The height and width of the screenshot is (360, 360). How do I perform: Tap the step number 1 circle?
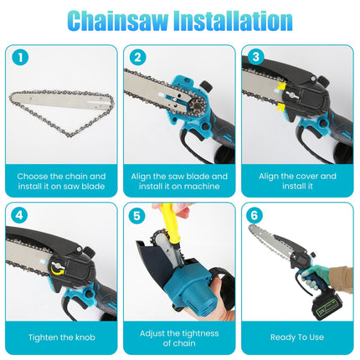[18, 59]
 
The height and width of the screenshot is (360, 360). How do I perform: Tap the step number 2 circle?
[137, 59]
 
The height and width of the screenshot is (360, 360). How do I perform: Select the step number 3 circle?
[255, 59]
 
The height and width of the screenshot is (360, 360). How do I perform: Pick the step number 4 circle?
[18, 215]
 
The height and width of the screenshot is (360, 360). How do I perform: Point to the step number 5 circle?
[137, 215]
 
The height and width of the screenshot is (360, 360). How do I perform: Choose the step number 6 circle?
[255, 215]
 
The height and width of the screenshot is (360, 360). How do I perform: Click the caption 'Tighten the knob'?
[61, 337]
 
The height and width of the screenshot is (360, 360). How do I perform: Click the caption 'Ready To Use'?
[297, 337]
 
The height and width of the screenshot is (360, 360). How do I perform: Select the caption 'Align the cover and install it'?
[297, 181]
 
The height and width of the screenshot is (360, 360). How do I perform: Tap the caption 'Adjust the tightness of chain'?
[179, 337]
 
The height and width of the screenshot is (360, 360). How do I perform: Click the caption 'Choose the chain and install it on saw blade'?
[61, 181]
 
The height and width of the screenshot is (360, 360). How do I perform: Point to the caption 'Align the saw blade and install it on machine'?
[179, 181]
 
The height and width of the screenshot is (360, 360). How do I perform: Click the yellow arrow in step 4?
[55, 269]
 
